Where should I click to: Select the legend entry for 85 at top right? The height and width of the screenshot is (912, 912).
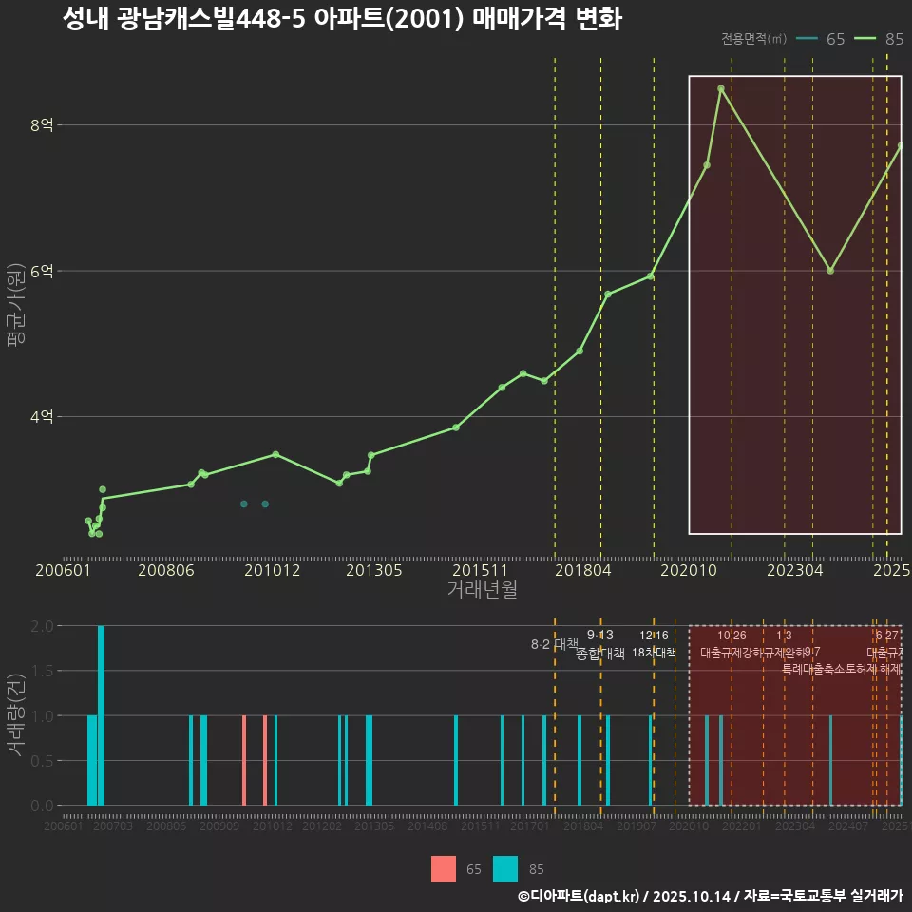(x=878, y=39)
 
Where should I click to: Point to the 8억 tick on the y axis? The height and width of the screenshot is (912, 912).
(x=42, y=125)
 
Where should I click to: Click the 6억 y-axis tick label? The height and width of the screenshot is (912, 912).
(x=42, y=271)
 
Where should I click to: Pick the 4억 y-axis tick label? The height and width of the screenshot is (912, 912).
(x=42, y=417)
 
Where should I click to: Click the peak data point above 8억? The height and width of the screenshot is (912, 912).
(x=721, y=88)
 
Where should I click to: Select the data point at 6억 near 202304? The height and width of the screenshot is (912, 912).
(x=830, y=271)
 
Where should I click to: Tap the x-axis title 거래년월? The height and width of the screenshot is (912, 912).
(x=482, y=590)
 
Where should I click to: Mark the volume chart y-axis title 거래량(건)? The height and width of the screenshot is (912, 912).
(x=15, y=714)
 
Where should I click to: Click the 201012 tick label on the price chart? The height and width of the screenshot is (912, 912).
(x=273, y=571)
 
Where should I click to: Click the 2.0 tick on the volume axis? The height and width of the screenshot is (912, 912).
(x=42, y=626)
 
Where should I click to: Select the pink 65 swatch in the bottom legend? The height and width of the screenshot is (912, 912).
(x=443, y=868)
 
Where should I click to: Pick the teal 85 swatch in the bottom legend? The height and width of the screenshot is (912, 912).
(x=506, y=868)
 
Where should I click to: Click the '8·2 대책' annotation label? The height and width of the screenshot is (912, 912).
(x=554, y=644)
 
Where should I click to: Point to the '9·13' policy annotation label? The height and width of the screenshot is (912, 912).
(x=600, y=636)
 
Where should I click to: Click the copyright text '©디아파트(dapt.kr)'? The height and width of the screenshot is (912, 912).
(x=579, y=896)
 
